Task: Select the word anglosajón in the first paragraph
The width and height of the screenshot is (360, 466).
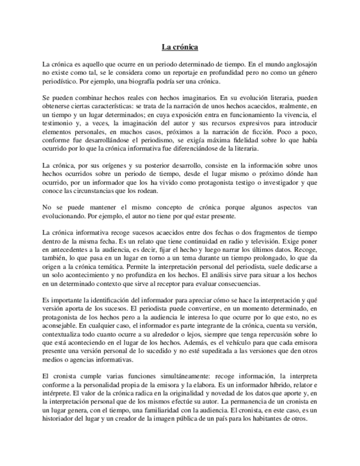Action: pos(299,64)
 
